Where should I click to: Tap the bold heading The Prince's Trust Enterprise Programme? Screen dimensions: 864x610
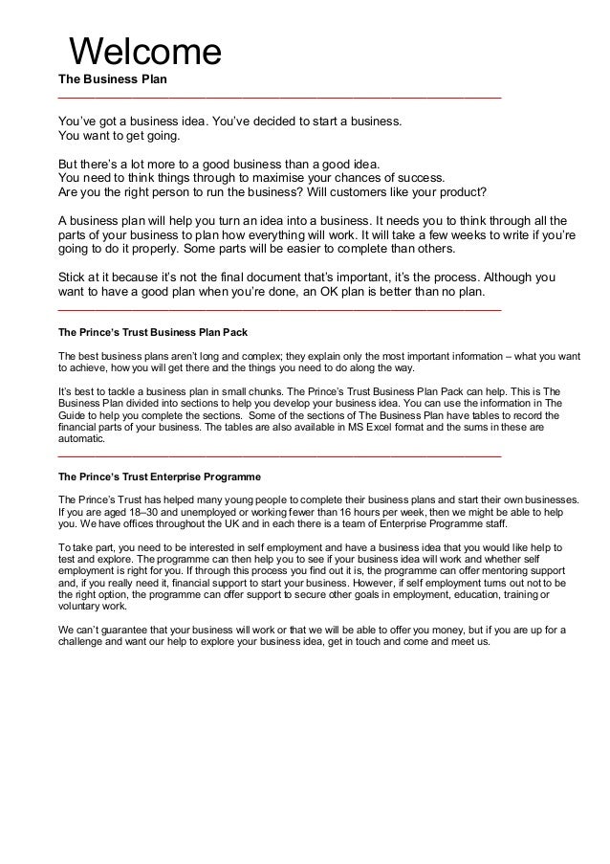[160, 475]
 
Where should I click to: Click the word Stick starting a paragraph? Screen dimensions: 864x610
[74, 277]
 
